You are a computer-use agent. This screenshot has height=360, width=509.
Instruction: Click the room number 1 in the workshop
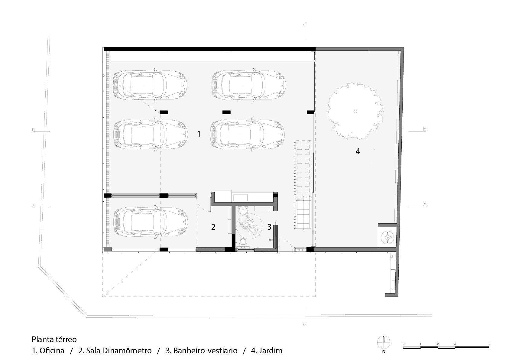(x=199, y=134)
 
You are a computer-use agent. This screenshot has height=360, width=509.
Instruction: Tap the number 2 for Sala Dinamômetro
(x=213, y=227)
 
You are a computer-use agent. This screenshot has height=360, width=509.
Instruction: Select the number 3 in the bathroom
(x=269, y=227)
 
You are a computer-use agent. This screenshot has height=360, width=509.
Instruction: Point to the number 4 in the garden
(x=358, y=151)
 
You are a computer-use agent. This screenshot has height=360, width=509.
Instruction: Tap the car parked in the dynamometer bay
(x=150, y=221)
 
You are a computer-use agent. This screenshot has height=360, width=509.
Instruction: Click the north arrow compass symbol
(x=384, y=343)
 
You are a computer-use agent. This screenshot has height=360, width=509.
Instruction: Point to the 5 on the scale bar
(x=489, y=344)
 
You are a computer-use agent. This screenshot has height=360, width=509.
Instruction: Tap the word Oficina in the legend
(x=52, y=351)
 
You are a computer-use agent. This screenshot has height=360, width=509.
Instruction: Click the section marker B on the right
(x=424, y=129)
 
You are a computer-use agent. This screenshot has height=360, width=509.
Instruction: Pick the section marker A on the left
(x=34, y=205)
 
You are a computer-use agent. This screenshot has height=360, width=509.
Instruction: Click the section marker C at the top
(x=304, y=24)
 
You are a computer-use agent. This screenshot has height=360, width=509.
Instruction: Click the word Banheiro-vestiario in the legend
(x=205, y=351)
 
